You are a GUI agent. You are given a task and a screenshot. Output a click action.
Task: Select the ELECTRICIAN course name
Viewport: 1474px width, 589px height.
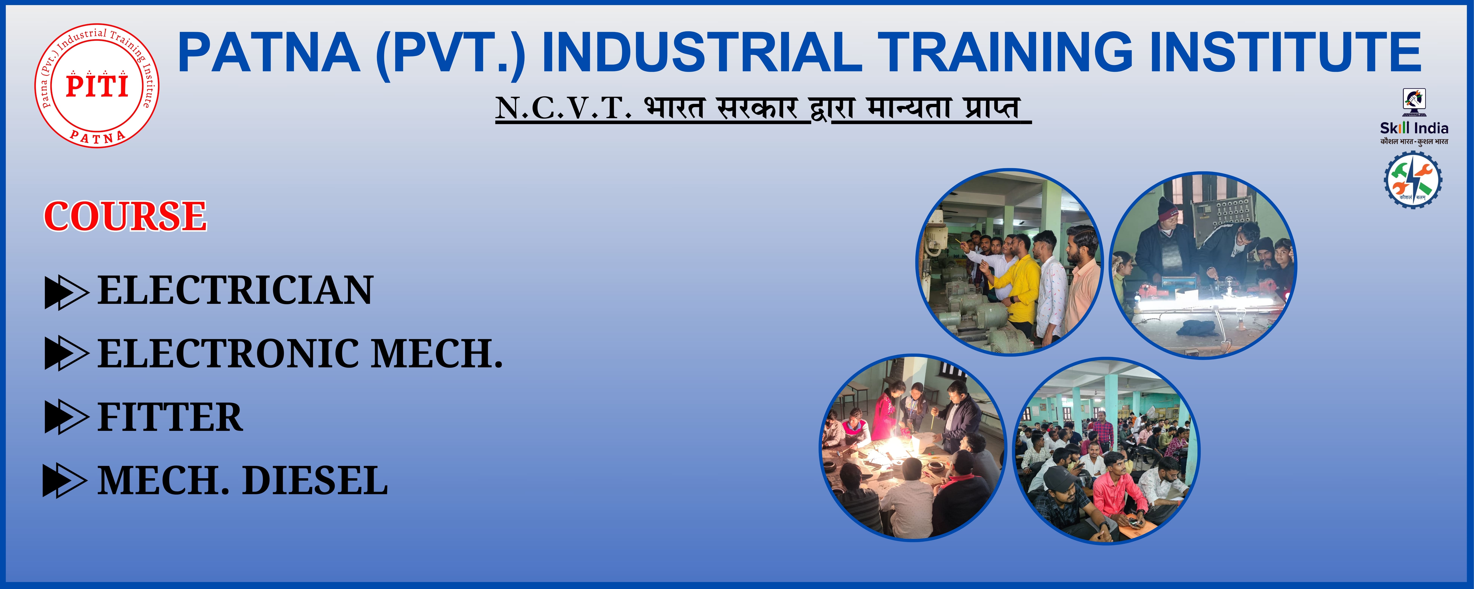pos(235,290)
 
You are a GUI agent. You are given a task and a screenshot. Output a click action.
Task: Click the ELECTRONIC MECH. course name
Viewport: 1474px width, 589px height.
pos(300,353)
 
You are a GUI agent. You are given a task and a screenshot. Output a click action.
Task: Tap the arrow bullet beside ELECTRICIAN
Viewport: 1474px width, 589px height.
pos(66,293)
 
